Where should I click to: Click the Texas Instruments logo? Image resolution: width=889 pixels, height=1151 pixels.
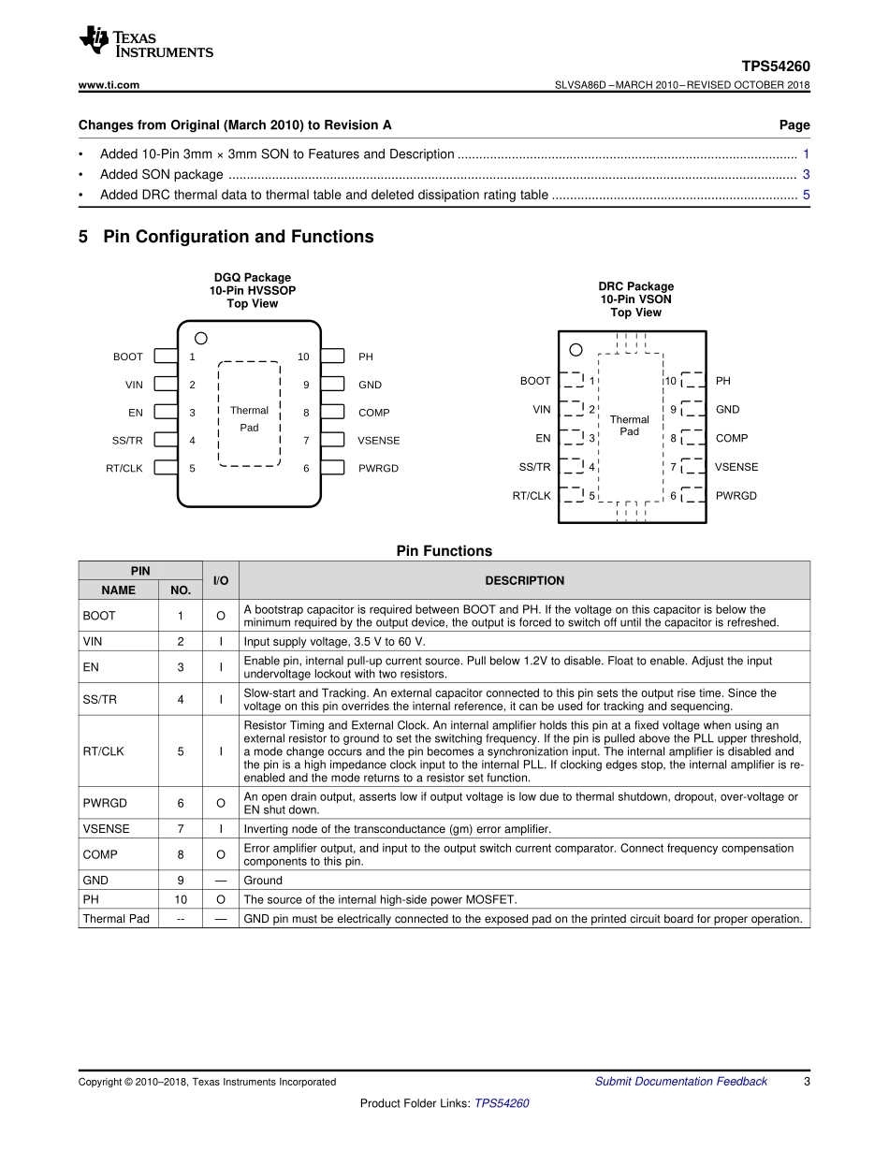pyautogui.click(x=146, y=41)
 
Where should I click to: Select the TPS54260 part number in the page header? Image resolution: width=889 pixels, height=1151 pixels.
pyautogui.click(x=775, y=66)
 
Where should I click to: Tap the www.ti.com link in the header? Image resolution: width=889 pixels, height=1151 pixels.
pyautogui.click(x=109, y=85)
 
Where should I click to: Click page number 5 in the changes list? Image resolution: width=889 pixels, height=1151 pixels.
pyautogui.click(x=806, y=195)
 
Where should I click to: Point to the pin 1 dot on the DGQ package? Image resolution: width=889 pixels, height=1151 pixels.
pyautogui.click(x=201, y=338)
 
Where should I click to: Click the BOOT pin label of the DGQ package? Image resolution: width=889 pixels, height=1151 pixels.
pyautogui.click(x=128, y=357)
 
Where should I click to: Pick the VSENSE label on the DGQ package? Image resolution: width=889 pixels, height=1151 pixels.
pyautogui.click(x=379, y=440)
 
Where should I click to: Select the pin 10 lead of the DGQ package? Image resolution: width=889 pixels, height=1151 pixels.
pyautogui.click(x=332, y=356)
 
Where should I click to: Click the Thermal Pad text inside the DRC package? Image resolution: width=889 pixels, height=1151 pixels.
pyautogui.click(x=629, y=426)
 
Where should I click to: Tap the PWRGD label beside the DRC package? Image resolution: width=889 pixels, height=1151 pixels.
pyautogui.click(x=736, y=496)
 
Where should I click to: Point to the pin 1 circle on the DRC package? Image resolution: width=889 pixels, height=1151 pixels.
pyautogui.click(x=576, y=350)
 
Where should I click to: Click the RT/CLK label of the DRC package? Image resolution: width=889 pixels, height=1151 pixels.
pyautogui.click(x=532, y=496)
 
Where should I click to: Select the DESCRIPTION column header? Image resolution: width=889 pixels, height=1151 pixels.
pyautogui.click(x=525, y=580)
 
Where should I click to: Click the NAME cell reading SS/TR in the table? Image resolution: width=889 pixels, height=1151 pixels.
pyautogui.click(x=99, y=699)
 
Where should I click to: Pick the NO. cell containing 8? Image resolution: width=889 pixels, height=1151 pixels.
pyautogui.click(x=181, y=854)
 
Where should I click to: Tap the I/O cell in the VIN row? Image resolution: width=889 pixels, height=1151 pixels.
pyautogui.click(x=221, y=641)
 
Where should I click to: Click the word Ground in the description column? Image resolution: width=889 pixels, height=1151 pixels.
pyautogui.click(x=263, y=881)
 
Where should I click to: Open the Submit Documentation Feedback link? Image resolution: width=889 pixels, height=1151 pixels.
pyautogui.click(x=681, y=1081)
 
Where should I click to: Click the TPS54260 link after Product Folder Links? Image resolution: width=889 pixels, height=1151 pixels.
pyautogui.click(x=502, y=1103)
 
